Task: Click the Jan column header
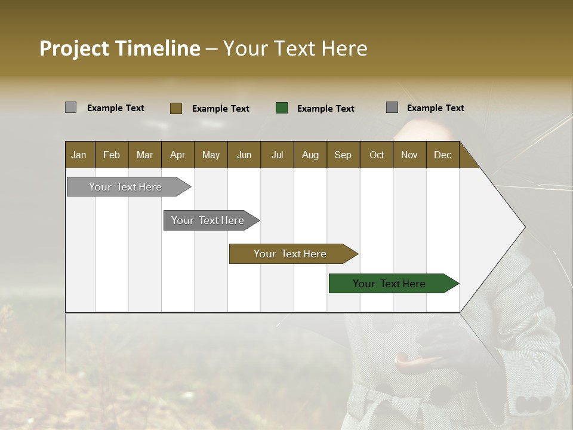tap(79, 155)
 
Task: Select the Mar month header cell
tap(144, 155)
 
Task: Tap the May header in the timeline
tap(211, 155)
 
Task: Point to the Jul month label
tap(277, 155)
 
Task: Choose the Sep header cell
tap(343, 155)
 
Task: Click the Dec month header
tap(442, 155)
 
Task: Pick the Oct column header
tap(377, 155)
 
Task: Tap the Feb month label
tap(112, 155)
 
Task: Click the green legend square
tap(282, 108)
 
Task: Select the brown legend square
tap(176, 108)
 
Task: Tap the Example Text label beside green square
tap(325, 109)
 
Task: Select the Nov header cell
tap(409, 155)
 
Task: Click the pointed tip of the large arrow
tap(523, 227)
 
